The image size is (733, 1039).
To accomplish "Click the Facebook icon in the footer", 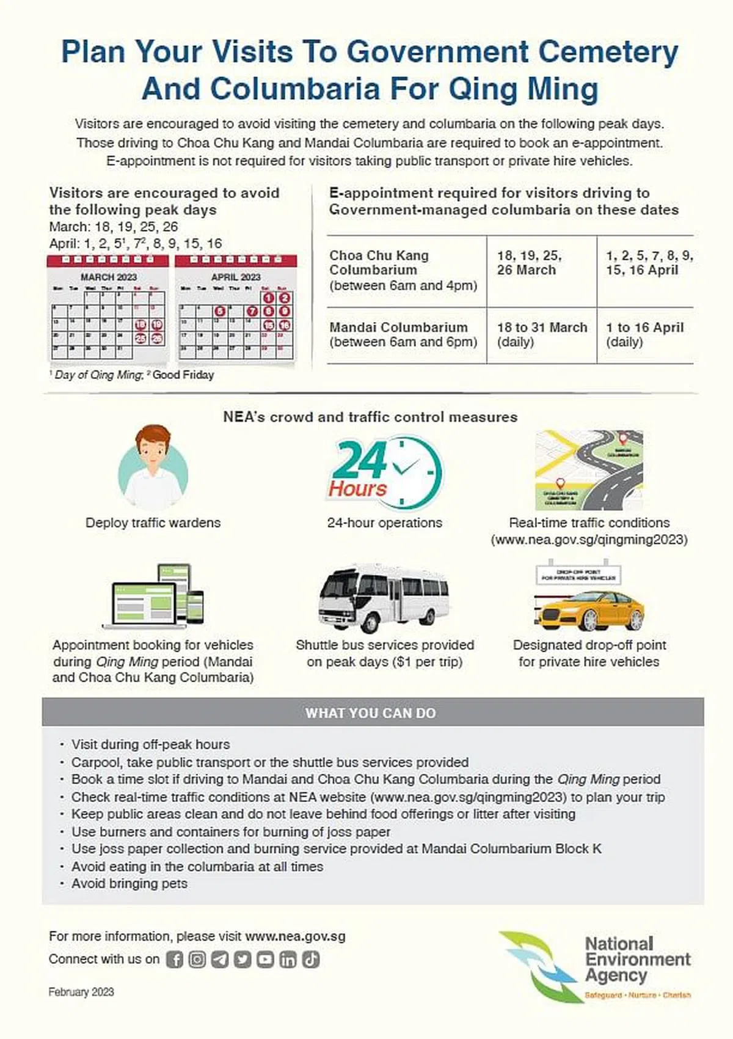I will (175, 960).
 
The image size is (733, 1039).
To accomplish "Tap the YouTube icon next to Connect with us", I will (265, 960).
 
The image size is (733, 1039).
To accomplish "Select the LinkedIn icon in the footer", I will (288, 960).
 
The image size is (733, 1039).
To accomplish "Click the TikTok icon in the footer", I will (310, 960).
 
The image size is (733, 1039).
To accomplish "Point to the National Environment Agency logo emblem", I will (538, 966).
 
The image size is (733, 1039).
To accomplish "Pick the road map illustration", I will (589, 471).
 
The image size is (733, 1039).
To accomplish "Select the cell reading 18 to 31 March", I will (542, 334).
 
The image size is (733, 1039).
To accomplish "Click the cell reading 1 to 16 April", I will (644, 334).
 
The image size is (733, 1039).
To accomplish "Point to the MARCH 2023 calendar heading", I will (109, 277).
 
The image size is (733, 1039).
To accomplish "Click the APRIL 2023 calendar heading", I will (236, 277).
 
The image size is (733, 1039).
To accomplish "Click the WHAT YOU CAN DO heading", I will (371, 713).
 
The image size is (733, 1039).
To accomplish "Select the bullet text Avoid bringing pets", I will (129, 884).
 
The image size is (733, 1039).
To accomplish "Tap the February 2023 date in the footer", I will (81, 992).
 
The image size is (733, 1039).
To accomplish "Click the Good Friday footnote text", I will (183, 375).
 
